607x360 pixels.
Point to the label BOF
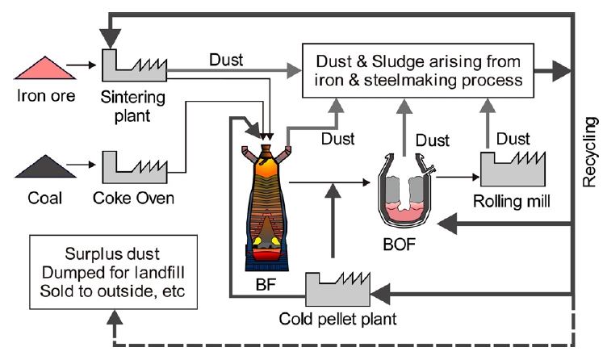click(411, 241)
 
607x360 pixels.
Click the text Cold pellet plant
click(346, 319)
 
